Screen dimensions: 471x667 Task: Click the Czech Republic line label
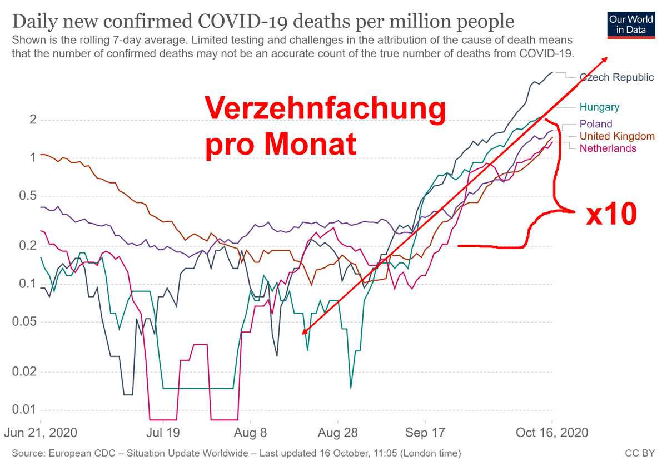[616, 77]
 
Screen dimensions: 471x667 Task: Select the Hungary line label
[599, 107]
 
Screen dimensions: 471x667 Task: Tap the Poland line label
[595, 124]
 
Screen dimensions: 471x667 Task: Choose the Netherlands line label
[608, 148]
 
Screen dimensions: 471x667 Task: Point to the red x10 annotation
[611, 214]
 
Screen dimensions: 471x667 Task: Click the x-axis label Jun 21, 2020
[42, 433]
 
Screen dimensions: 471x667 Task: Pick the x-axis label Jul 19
[163, 433]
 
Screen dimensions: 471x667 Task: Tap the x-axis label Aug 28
[337, 433]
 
